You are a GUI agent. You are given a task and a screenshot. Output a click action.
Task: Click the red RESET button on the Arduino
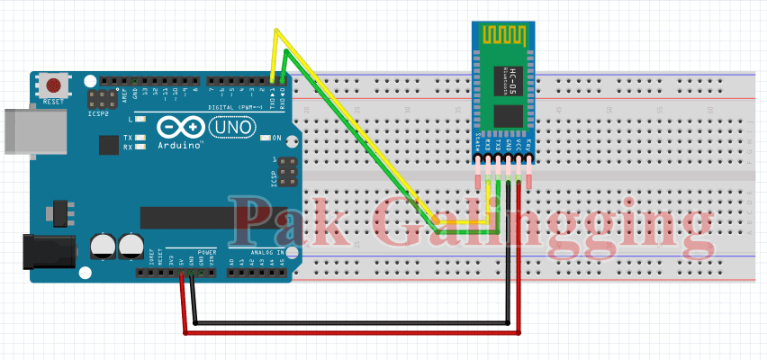click(x=54, y=86)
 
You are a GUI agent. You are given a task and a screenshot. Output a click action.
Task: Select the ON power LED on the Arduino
click(x=266, y=138)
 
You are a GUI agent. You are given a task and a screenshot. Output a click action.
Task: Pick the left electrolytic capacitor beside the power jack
click(x=102, y=246)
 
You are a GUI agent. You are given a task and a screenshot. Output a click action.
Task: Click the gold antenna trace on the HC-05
click(x=504, y=37)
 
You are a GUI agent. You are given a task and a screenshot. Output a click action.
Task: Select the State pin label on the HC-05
click(x=478, y=144)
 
